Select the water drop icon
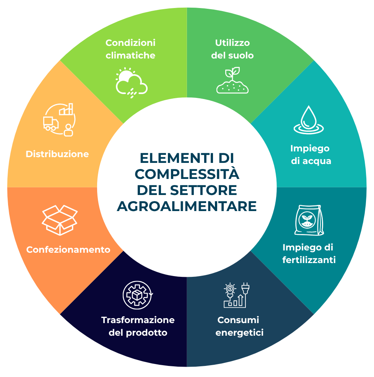pos(309,120)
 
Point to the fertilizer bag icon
pos(309,220)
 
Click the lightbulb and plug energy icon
pos(236,295)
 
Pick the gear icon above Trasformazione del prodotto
pos(138,295)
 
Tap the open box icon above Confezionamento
pos(60,220)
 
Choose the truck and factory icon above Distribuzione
pos(59,120)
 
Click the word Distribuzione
pos(57,154)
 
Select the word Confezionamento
pos(68,250)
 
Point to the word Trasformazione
pos(138,320)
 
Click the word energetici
pos(239,333)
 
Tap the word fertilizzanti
pos(309,260)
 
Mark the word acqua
pos(317,161)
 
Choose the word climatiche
pos(130,55)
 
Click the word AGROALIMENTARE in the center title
pos(187,206)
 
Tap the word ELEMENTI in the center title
pos(177,158)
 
